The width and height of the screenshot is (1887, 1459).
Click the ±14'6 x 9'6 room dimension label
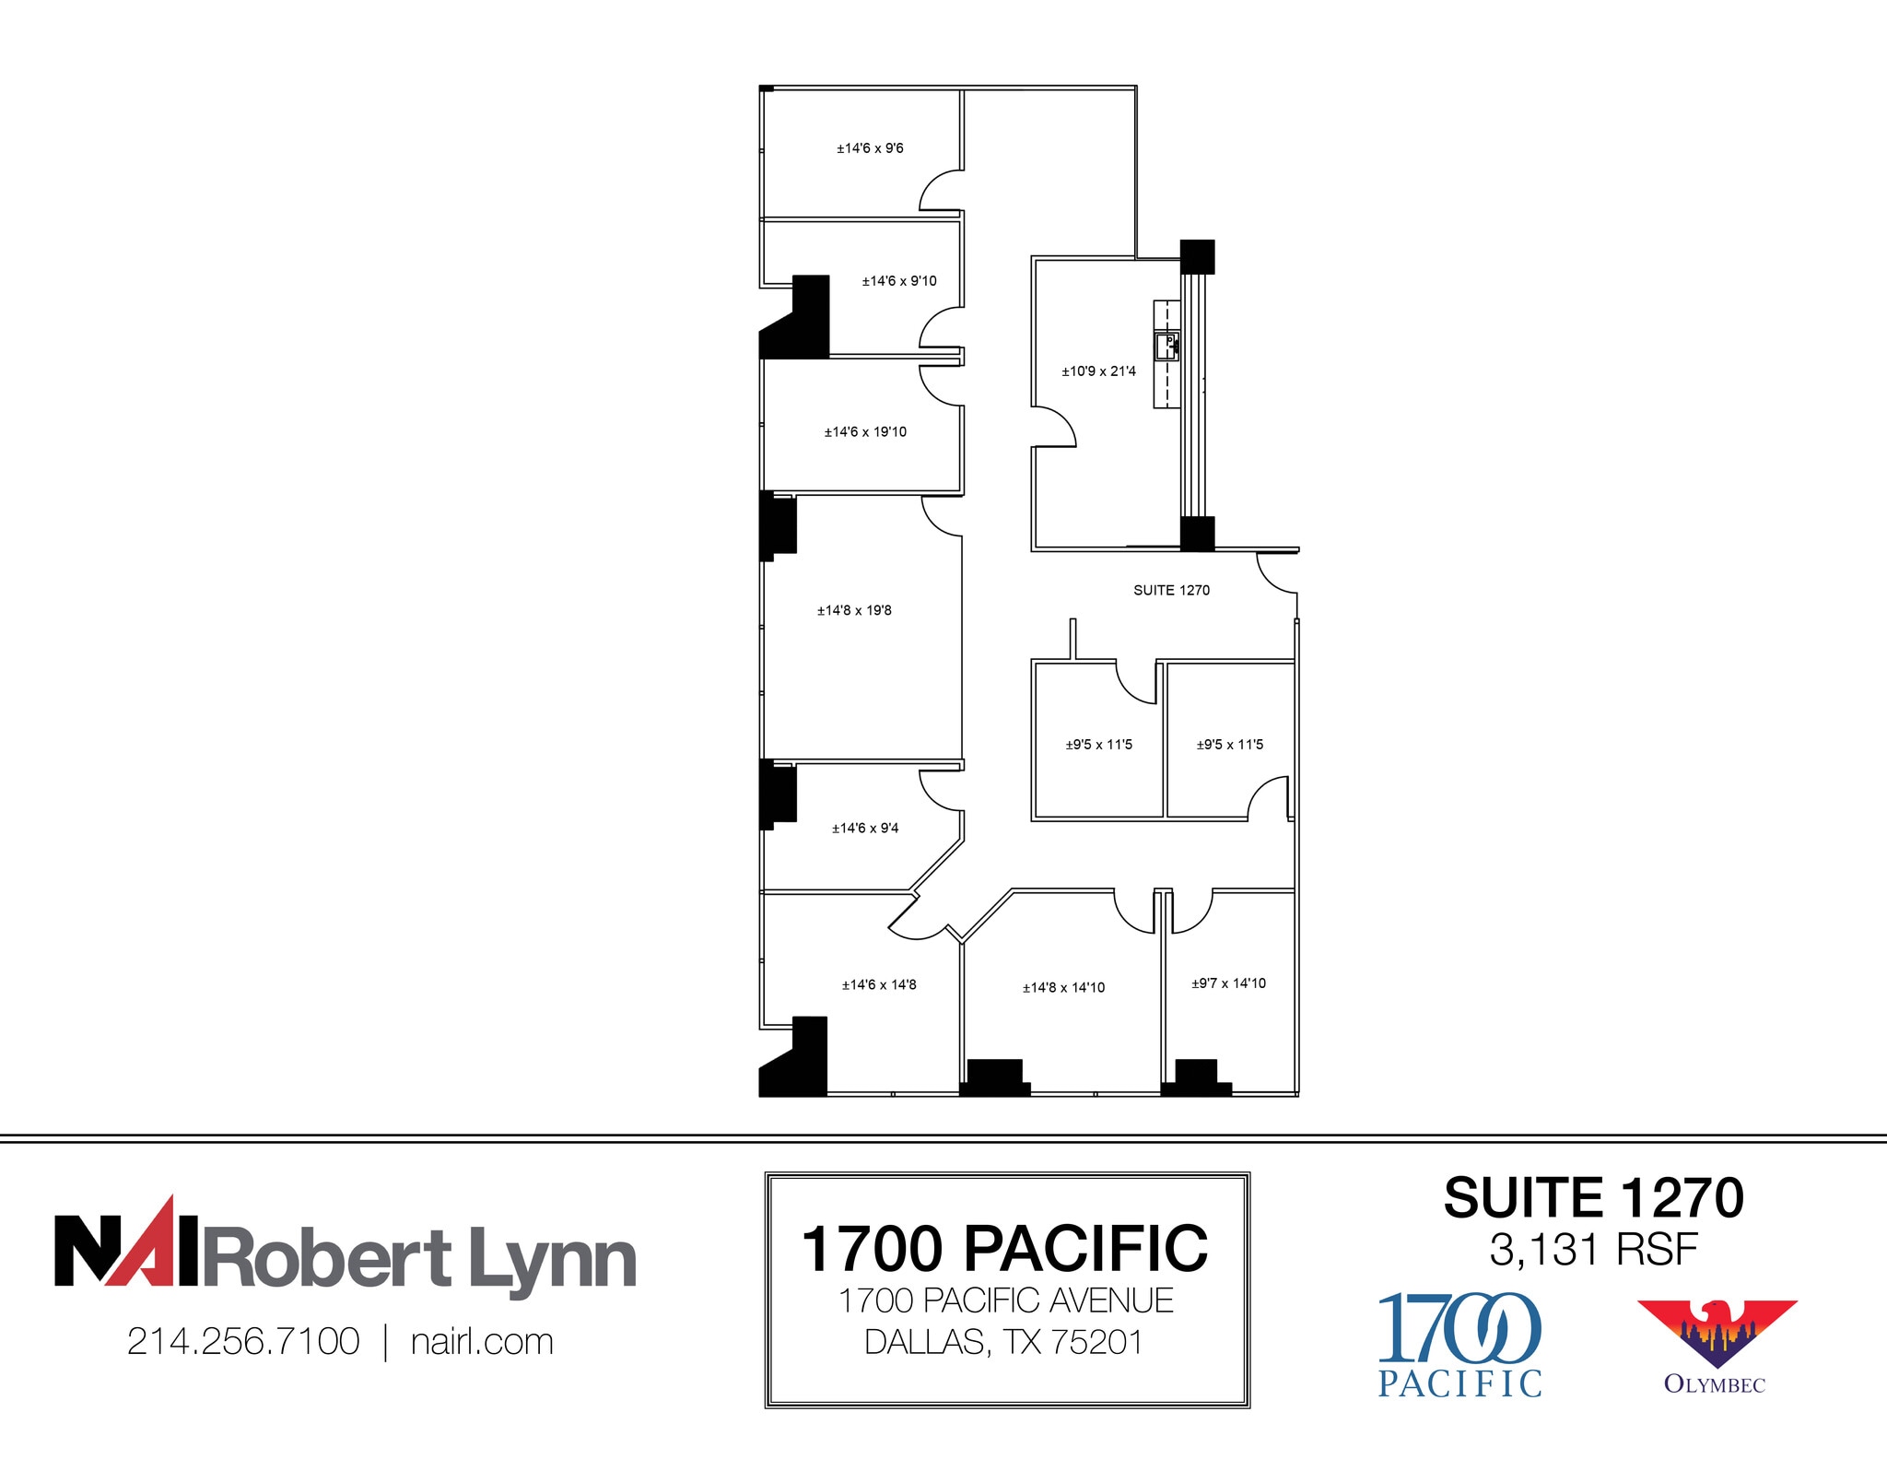point(870,148)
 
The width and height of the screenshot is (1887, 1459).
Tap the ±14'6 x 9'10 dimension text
point(898,281)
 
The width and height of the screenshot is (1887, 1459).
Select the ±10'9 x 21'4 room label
point(1098,371)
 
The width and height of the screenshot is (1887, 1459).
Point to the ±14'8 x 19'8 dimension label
point(854,610)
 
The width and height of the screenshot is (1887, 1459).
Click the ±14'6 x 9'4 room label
point(865,829)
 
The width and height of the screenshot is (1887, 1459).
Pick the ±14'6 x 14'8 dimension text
point(879,985)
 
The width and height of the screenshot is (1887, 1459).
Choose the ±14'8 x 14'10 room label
point(1063,988)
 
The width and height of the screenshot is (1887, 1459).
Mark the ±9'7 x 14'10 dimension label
point(1228,983)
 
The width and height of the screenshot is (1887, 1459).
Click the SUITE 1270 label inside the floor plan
point(1171,590)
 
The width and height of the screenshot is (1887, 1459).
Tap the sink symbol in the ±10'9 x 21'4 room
point(1166,347)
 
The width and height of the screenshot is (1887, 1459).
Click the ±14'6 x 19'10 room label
point(865,432)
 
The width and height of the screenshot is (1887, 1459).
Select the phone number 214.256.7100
point(243,1342)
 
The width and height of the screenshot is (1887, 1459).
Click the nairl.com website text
point(482,1342)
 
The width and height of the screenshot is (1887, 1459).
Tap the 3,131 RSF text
point(1593,1251)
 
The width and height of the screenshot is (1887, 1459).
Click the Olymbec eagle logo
point(1716,1334)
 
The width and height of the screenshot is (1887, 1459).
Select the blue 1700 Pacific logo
point(1459,1345)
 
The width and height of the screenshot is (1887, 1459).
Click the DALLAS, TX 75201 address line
point(1003,1343)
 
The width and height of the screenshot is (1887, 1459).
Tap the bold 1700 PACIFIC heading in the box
point(1004,1249)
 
